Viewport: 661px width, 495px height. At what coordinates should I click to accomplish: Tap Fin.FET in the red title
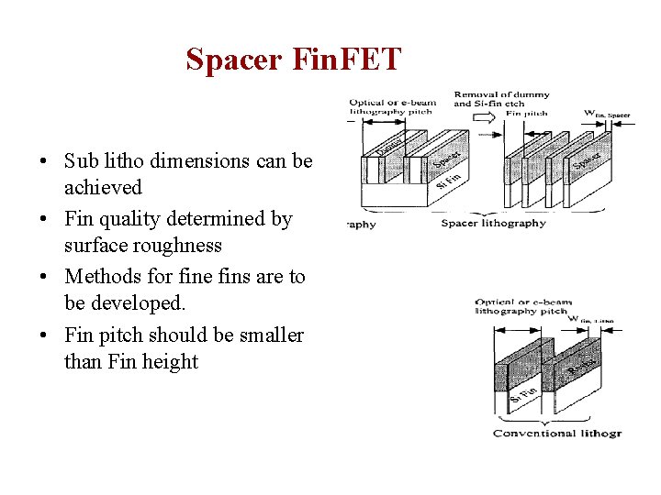348,60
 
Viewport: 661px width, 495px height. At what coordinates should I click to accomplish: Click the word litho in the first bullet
124,161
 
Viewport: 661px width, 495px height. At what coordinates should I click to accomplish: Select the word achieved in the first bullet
103,188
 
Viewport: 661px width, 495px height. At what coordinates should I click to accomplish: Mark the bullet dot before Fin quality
43,220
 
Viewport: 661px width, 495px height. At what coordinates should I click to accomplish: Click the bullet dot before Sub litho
43,162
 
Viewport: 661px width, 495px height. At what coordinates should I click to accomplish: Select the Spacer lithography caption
493,223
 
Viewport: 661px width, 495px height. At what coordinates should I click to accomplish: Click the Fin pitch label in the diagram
526,114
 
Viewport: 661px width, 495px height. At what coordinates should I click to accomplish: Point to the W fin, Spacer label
607,114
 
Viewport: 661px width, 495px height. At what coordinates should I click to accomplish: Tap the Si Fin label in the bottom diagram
523,395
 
